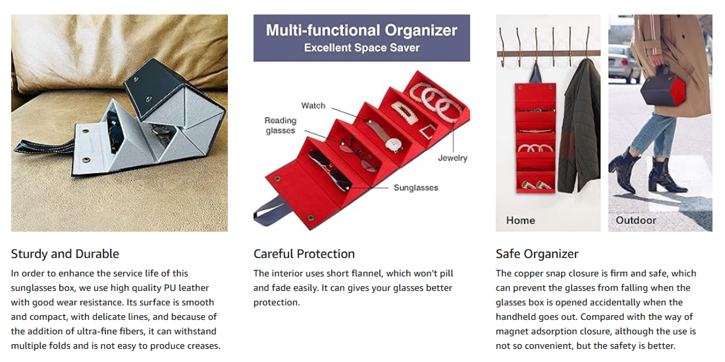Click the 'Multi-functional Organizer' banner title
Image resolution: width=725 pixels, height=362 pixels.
(x=362, y=30)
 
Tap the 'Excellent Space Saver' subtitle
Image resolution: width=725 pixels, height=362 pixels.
(x=362, y=48)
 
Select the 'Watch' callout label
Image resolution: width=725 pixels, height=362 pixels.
(x=313, y=106)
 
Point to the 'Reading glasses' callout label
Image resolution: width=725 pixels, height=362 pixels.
(x=281, y=126)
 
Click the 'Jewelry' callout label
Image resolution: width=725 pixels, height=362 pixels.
(x=453, y=158)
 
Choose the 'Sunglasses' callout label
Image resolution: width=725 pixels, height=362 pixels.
(x=416, y=188)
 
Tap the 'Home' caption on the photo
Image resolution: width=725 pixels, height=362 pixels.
(x=521, y=220)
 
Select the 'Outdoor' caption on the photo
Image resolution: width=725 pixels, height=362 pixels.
(x=636, y=220)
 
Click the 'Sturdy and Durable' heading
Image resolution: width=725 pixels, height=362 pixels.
(x=65, y=254)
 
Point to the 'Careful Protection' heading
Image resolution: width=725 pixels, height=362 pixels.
(x=304, y=254)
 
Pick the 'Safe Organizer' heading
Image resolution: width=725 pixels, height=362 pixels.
(x=537, y=254)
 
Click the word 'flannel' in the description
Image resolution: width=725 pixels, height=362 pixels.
(x=365, y=273)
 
